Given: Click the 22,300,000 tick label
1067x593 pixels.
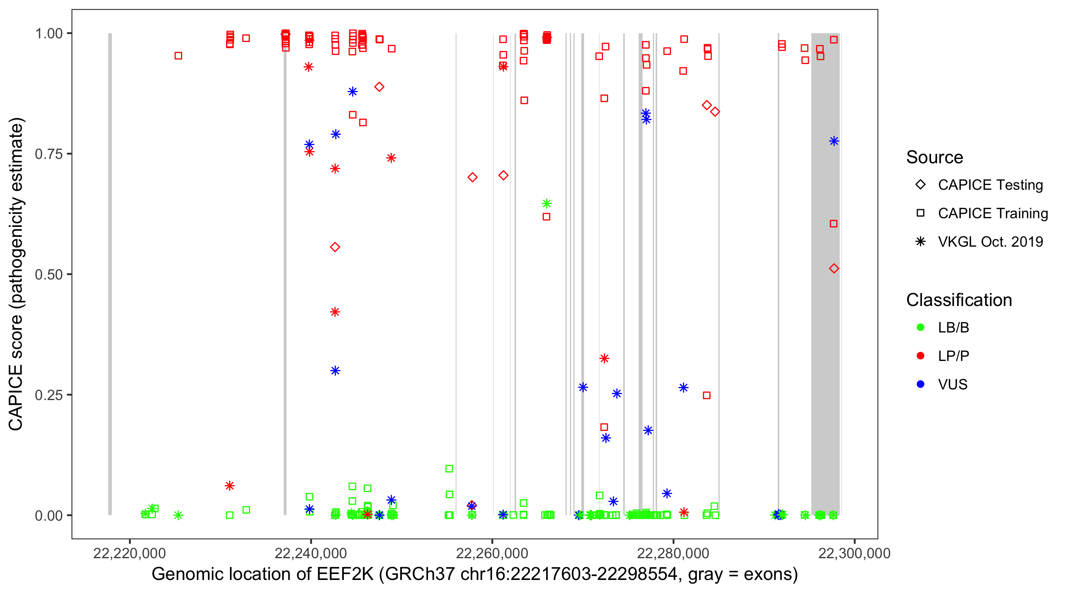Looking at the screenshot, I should tap(854, 553).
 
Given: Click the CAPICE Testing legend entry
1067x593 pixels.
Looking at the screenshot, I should tap(990, 185).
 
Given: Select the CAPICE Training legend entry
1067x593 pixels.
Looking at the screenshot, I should tap(992, 213).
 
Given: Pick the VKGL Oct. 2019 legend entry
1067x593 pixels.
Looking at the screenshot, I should tap(990, 242).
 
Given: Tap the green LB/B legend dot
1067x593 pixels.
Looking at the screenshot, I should tap(920, 327).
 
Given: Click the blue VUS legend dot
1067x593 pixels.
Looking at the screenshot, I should tap(920, 384).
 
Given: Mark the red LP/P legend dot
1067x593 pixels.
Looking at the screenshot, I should tap(920, 356).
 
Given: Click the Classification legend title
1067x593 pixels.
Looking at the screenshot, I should tap(958, 300).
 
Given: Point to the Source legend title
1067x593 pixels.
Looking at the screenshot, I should tap(935, 157).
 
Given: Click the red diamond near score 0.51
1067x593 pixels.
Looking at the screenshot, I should tap(834, 268).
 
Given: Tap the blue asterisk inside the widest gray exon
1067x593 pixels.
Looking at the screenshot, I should tap(834, 141).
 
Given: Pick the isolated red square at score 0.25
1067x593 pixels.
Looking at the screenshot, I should tap(707, 395).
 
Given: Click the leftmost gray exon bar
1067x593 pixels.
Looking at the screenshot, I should tap(110, 274).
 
